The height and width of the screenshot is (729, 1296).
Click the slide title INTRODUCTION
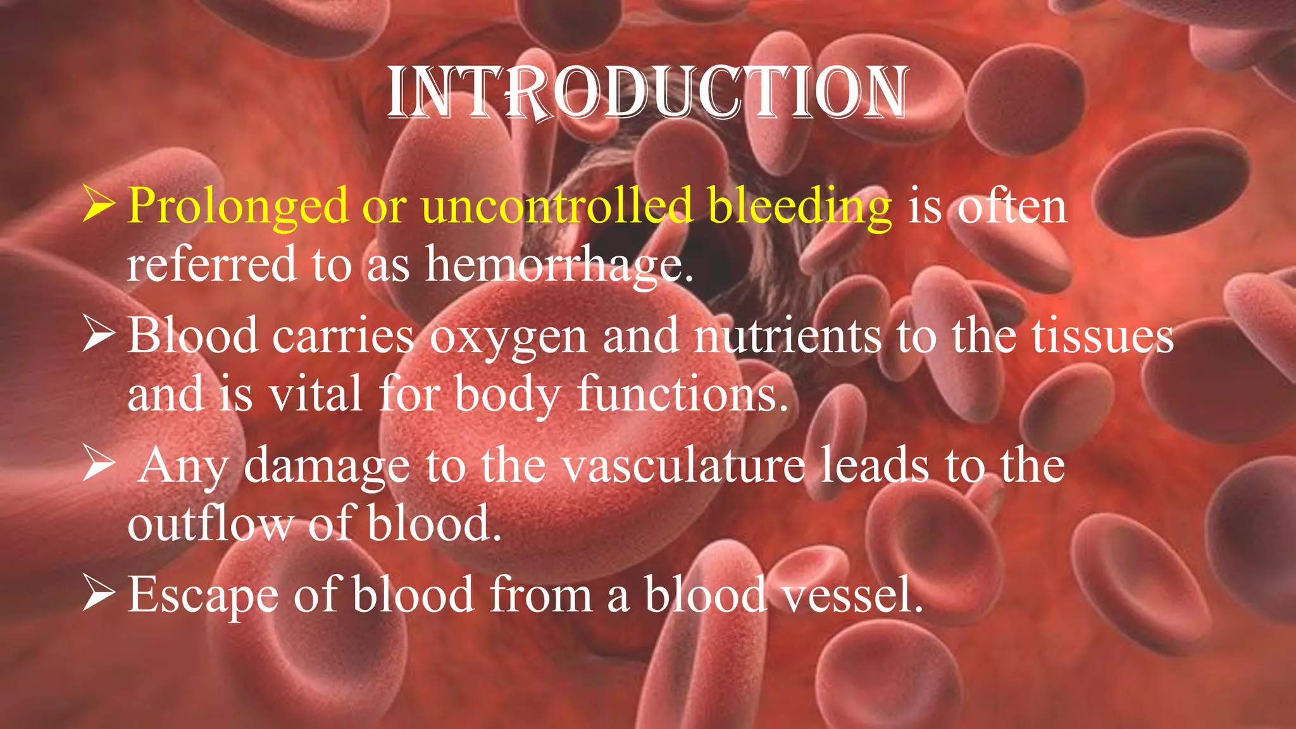tap(647, 93)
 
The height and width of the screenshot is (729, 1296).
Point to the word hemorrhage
tap(559, 265)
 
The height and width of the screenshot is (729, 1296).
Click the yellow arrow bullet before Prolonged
tap(98, 206)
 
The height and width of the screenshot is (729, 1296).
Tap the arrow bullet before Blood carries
tap(98, 335)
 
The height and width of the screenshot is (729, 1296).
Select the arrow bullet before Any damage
tap(98, 466)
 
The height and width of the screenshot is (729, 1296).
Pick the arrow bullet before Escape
tap(98, 595)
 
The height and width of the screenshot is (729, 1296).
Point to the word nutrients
tap(787, 335)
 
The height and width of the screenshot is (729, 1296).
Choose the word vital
tap(315, 394)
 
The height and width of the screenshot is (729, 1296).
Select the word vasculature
tap(683, 466)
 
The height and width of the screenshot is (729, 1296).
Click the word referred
tap(211, 265)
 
